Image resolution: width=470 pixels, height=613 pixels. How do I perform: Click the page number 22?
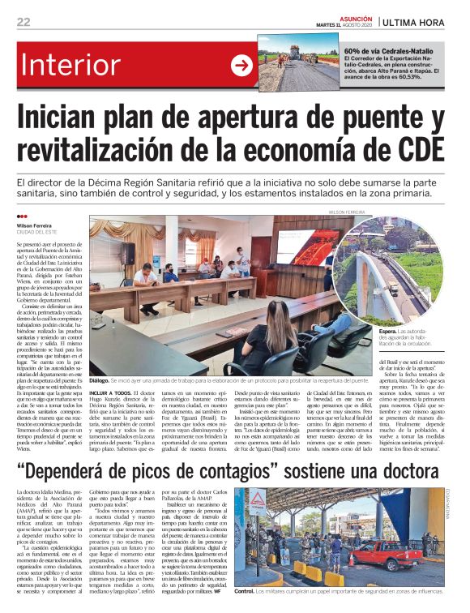[24, 22]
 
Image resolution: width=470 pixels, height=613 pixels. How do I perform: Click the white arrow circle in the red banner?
[241, 66]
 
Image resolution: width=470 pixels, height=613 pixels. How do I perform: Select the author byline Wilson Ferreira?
[33, 225]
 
